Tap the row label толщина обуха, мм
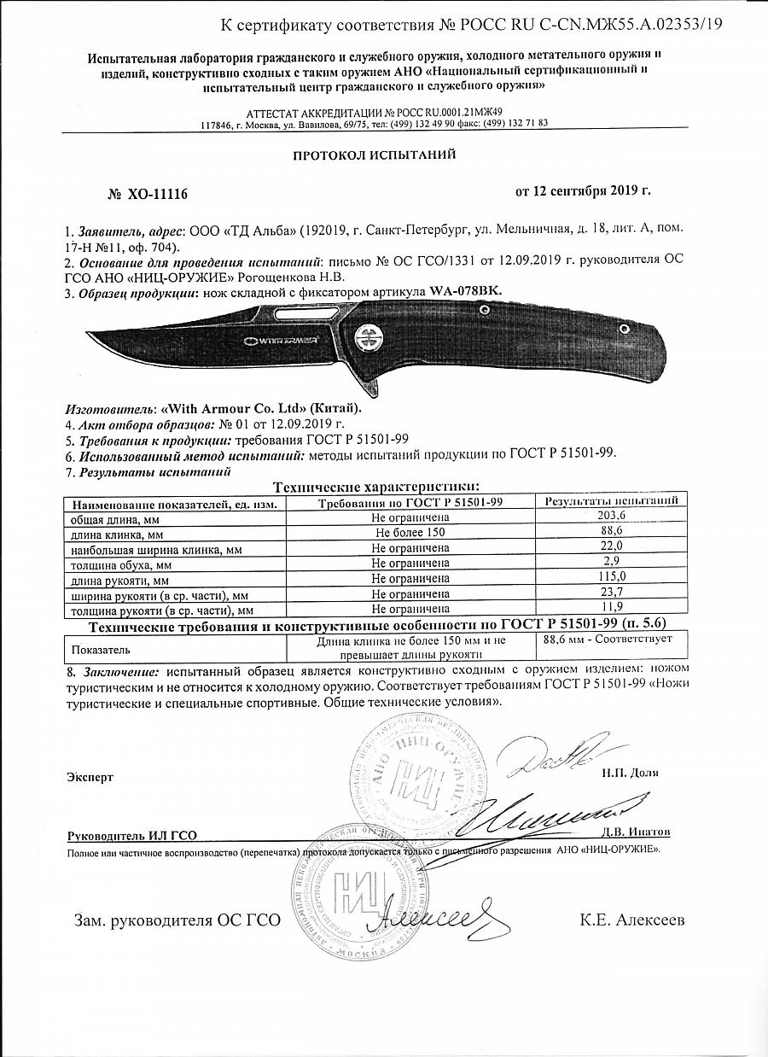click(120, 564)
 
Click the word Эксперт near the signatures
click(89, 777)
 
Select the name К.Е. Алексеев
click(631, 920)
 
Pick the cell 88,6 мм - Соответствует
click(608, 639)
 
